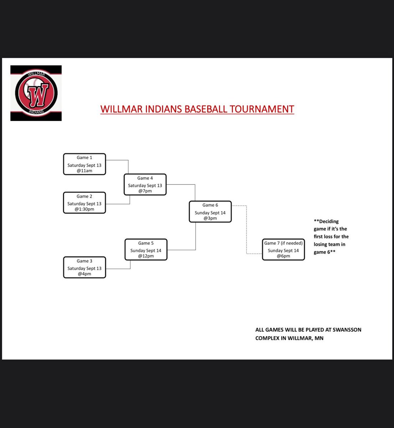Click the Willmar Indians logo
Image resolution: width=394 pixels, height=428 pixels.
point(36,93)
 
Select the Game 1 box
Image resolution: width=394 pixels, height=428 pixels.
point(85,164)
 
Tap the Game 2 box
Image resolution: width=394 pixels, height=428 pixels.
point(85,203)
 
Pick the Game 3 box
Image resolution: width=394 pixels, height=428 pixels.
point(85,267)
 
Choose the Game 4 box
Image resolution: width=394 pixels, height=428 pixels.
point(145,184)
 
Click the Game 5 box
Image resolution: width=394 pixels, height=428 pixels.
point(146,249)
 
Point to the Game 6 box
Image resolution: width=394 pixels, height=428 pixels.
point(210,212)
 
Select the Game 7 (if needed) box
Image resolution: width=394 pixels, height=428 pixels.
point(283,249)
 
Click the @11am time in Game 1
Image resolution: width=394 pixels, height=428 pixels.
point(85,171)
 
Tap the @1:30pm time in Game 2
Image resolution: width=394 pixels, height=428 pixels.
point(85,209)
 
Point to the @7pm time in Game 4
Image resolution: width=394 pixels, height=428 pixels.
point(145,191)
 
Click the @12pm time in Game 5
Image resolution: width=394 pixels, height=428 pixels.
point(146,256)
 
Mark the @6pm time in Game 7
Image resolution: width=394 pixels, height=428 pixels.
point(283,256)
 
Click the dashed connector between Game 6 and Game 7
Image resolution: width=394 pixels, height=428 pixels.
point(246,230)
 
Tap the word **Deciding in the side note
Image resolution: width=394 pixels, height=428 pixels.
point(326,221)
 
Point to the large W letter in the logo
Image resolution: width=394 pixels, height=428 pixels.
point(36,95)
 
